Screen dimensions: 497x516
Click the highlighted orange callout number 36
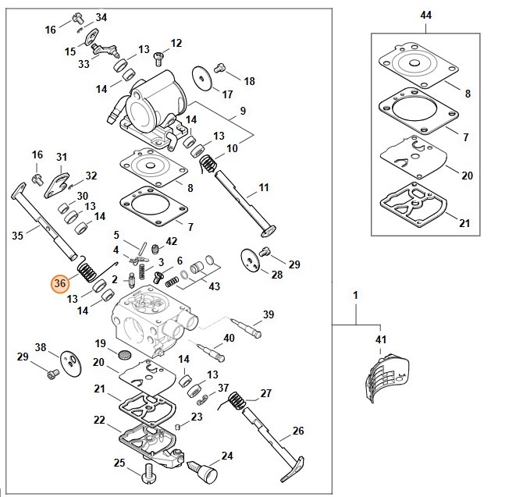click(x=60, y=284)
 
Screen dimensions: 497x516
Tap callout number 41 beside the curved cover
click(x=381, y=339)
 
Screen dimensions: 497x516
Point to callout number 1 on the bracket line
click(x=355, y=296)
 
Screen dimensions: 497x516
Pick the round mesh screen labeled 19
click(x=123, y=354)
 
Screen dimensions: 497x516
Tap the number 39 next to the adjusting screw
click(x=268, y=314)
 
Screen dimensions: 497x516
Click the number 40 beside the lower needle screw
click(x=229, y=338)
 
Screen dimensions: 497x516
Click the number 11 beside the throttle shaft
click(x=263, y=187)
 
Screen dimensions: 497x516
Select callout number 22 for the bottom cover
click(x=99, y=420)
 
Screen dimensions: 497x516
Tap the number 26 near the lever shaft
click(x=297, y=431)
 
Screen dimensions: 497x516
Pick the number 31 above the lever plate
click(x=62, y=157)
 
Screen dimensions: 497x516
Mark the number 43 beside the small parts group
click(x=215, y=286)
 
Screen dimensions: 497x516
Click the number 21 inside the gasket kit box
click(x=464, y=223)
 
